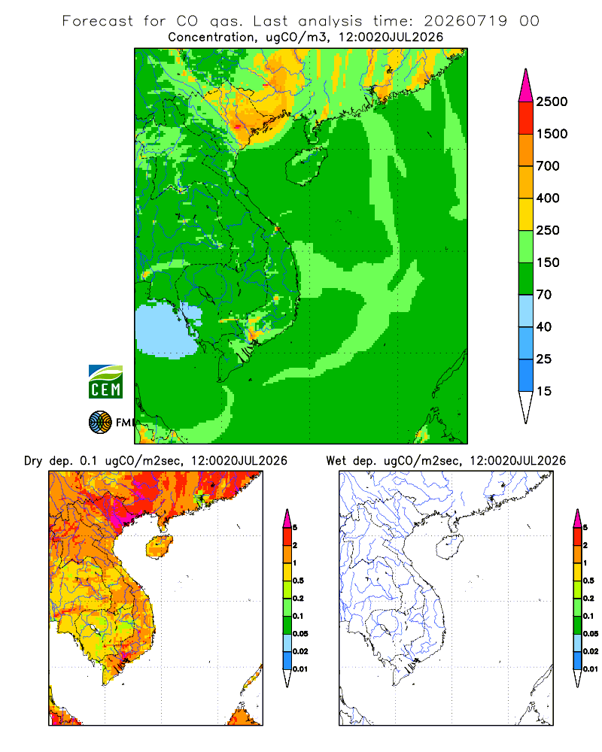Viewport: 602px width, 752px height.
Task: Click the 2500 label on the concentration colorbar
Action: pyautogui.click(x=552, y=102)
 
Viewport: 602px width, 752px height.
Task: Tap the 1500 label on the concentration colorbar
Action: pyautogui.click(x=552, y=134)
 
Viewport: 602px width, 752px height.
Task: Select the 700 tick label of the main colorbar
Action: pyautogui.click(x=548, y=166)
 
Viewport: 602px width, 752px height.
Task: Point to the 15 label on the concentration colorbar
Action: pyautogui.click(x=544, y=391)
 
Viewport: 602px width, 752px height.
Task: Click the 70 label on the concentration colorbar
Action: pyautogui.click(x=544, y=295)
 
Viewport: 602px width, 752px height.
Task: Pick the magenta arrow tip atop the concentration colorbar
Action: pyautogui.click(x=526, y=86)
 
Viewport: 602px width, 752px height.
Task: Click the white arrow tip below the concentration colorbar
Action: pyautogui.click(x=526, y=408)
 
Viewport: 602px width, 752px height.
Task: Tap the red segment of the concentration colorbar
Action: pyautogui.click(x=526, y=118)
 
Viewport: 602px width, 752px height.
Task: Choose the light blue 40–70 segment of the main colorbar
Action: pyautogui.click(x=526, y=311)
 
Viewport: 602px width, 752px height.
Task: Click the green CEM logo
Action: pyautogui.click(x=105, y=382)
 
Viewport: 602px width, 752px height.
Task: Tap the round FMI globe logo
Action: pyautogui.click(x=100, y=423)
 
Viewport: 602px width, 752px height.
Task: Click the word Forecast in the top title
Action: pyautogui.click(x=98, y=21)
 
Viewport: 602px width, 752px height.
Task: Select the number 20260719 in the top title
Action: pyautogui.click(x=465, y=21)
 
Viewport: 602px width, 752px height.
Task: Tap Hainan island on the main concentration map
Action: pyautogui.click(x=306, y=166)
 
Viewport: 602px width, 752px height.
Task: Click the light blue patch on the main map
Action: pyautogui.click(x=166, y=329)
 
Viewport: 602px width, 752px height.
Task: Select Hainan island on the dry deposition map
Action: pyautogui.click(x=159, y=547)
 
